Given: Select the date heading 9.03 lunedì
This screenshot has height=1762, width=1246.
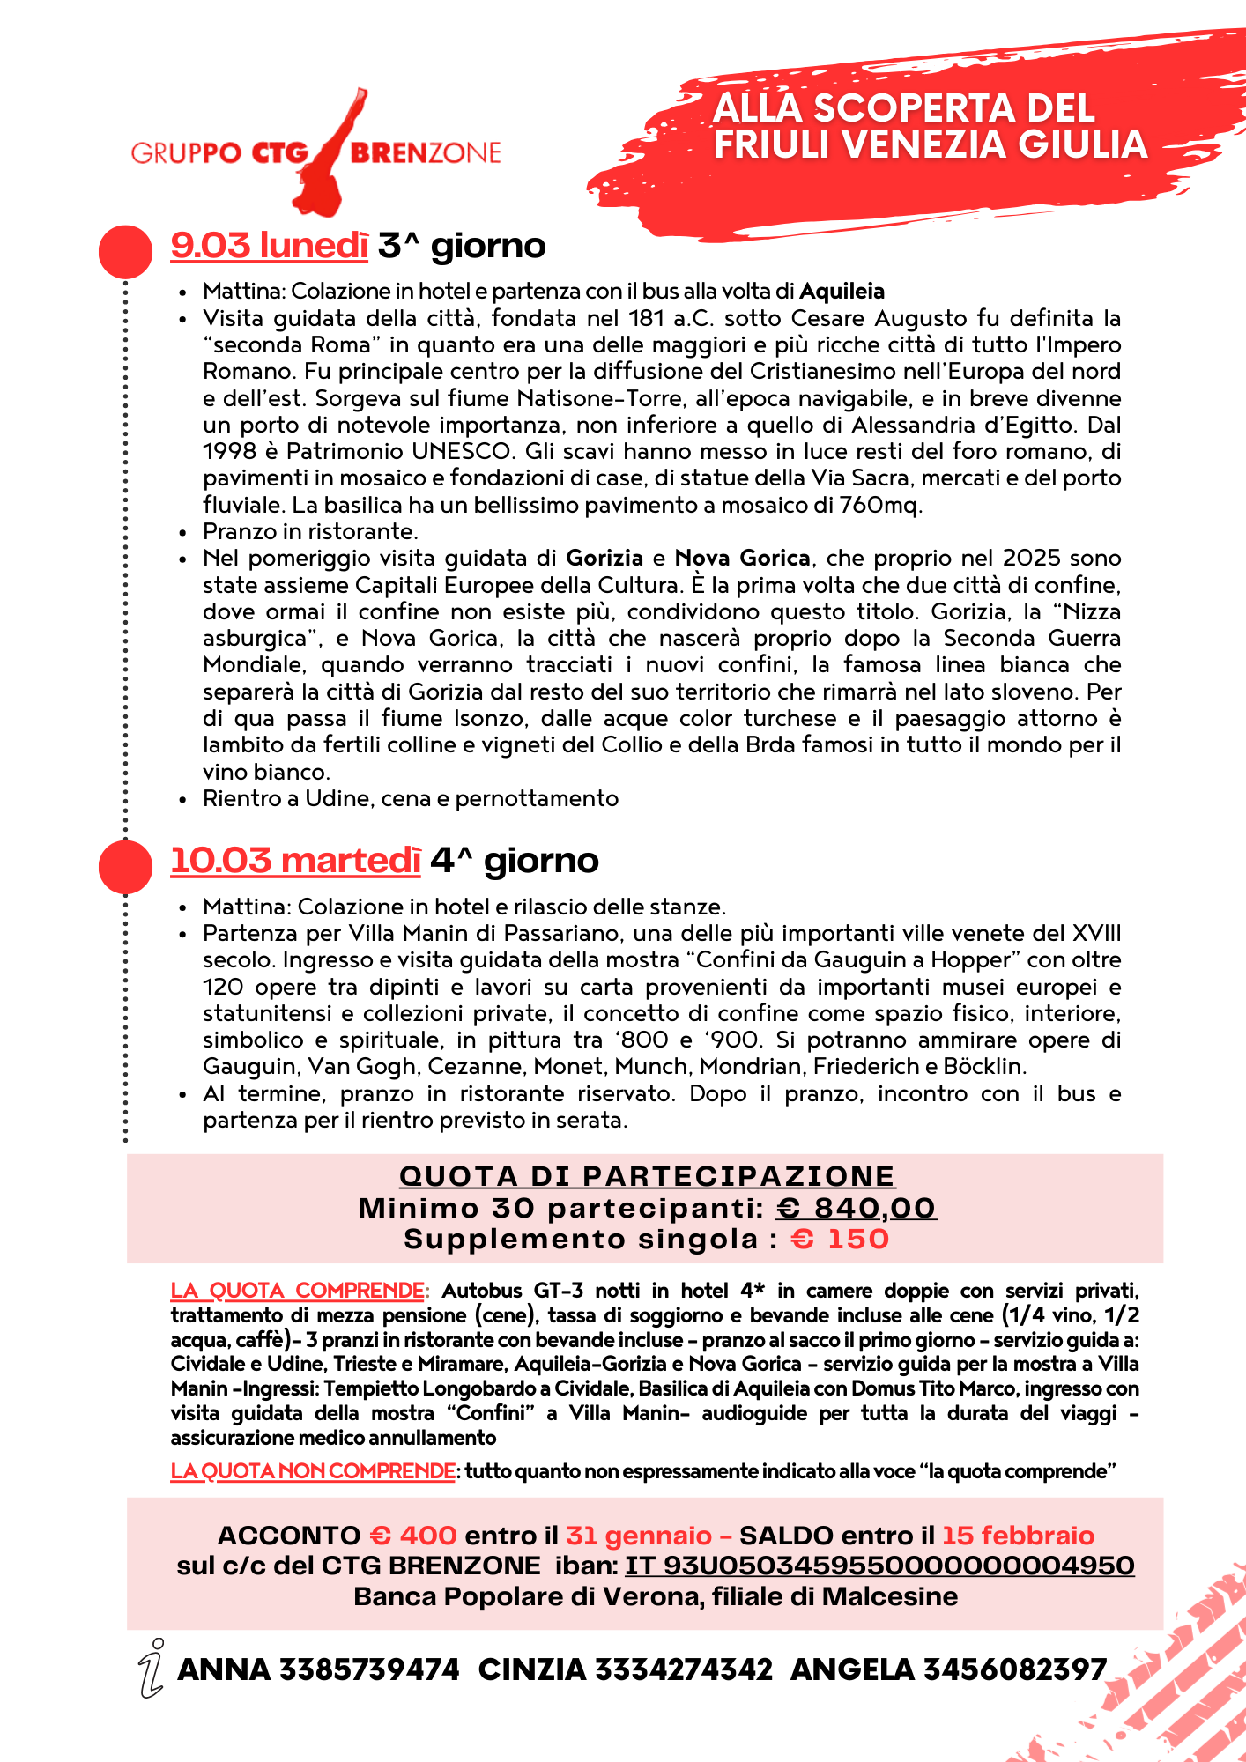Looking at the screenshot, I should click(x=269, y=246).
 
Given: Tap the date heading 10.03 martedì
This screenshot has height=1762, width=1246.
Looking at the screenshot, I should click(x=295, y=861).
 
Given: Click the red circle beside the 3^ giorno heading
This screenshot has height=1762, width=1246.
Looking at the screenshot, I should click(x=125, y=252).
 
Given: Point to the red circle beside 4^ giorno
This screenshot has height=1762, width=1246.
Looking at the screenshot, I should click(x=125, y=867).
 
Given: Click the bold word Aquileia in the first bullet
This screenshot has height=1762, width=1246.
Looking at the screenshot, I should click(x=842, y=292).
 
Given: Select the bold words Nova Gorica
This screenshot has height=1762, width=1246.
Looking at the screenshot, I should click(x=742, y=559).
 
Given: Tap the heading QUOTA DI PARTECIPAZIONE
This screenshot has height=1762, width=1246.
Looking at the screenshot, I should click(x=647, y=1176).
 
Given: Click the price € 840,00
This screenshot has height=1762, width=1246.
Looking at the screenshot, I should click(x=856, y=1208).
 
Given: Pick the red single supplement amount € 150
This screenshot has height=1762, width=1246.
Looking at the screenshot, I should click(x=840, y=1240).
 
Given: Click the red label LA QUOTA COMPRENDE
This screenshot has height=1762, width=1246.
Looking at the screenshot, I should click(x=298, y=1291).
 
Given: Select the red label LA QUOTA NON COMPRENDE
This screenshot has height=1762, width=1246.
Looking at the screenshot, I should click(x=313, y=1471).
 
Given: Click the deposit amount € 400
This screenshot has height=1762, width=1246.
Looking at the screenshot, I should click(x=412, y=1536).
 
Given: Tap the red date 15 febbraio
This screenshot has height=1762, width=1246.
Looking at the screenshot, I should click(x=1018, y=1536).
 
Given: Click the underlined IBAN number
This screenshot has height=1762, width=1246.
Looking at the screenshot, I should click(x=879, y=1566).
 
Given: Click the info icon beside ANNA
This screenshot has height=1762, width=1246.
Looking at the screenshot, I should click(x=152, y=1668).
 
